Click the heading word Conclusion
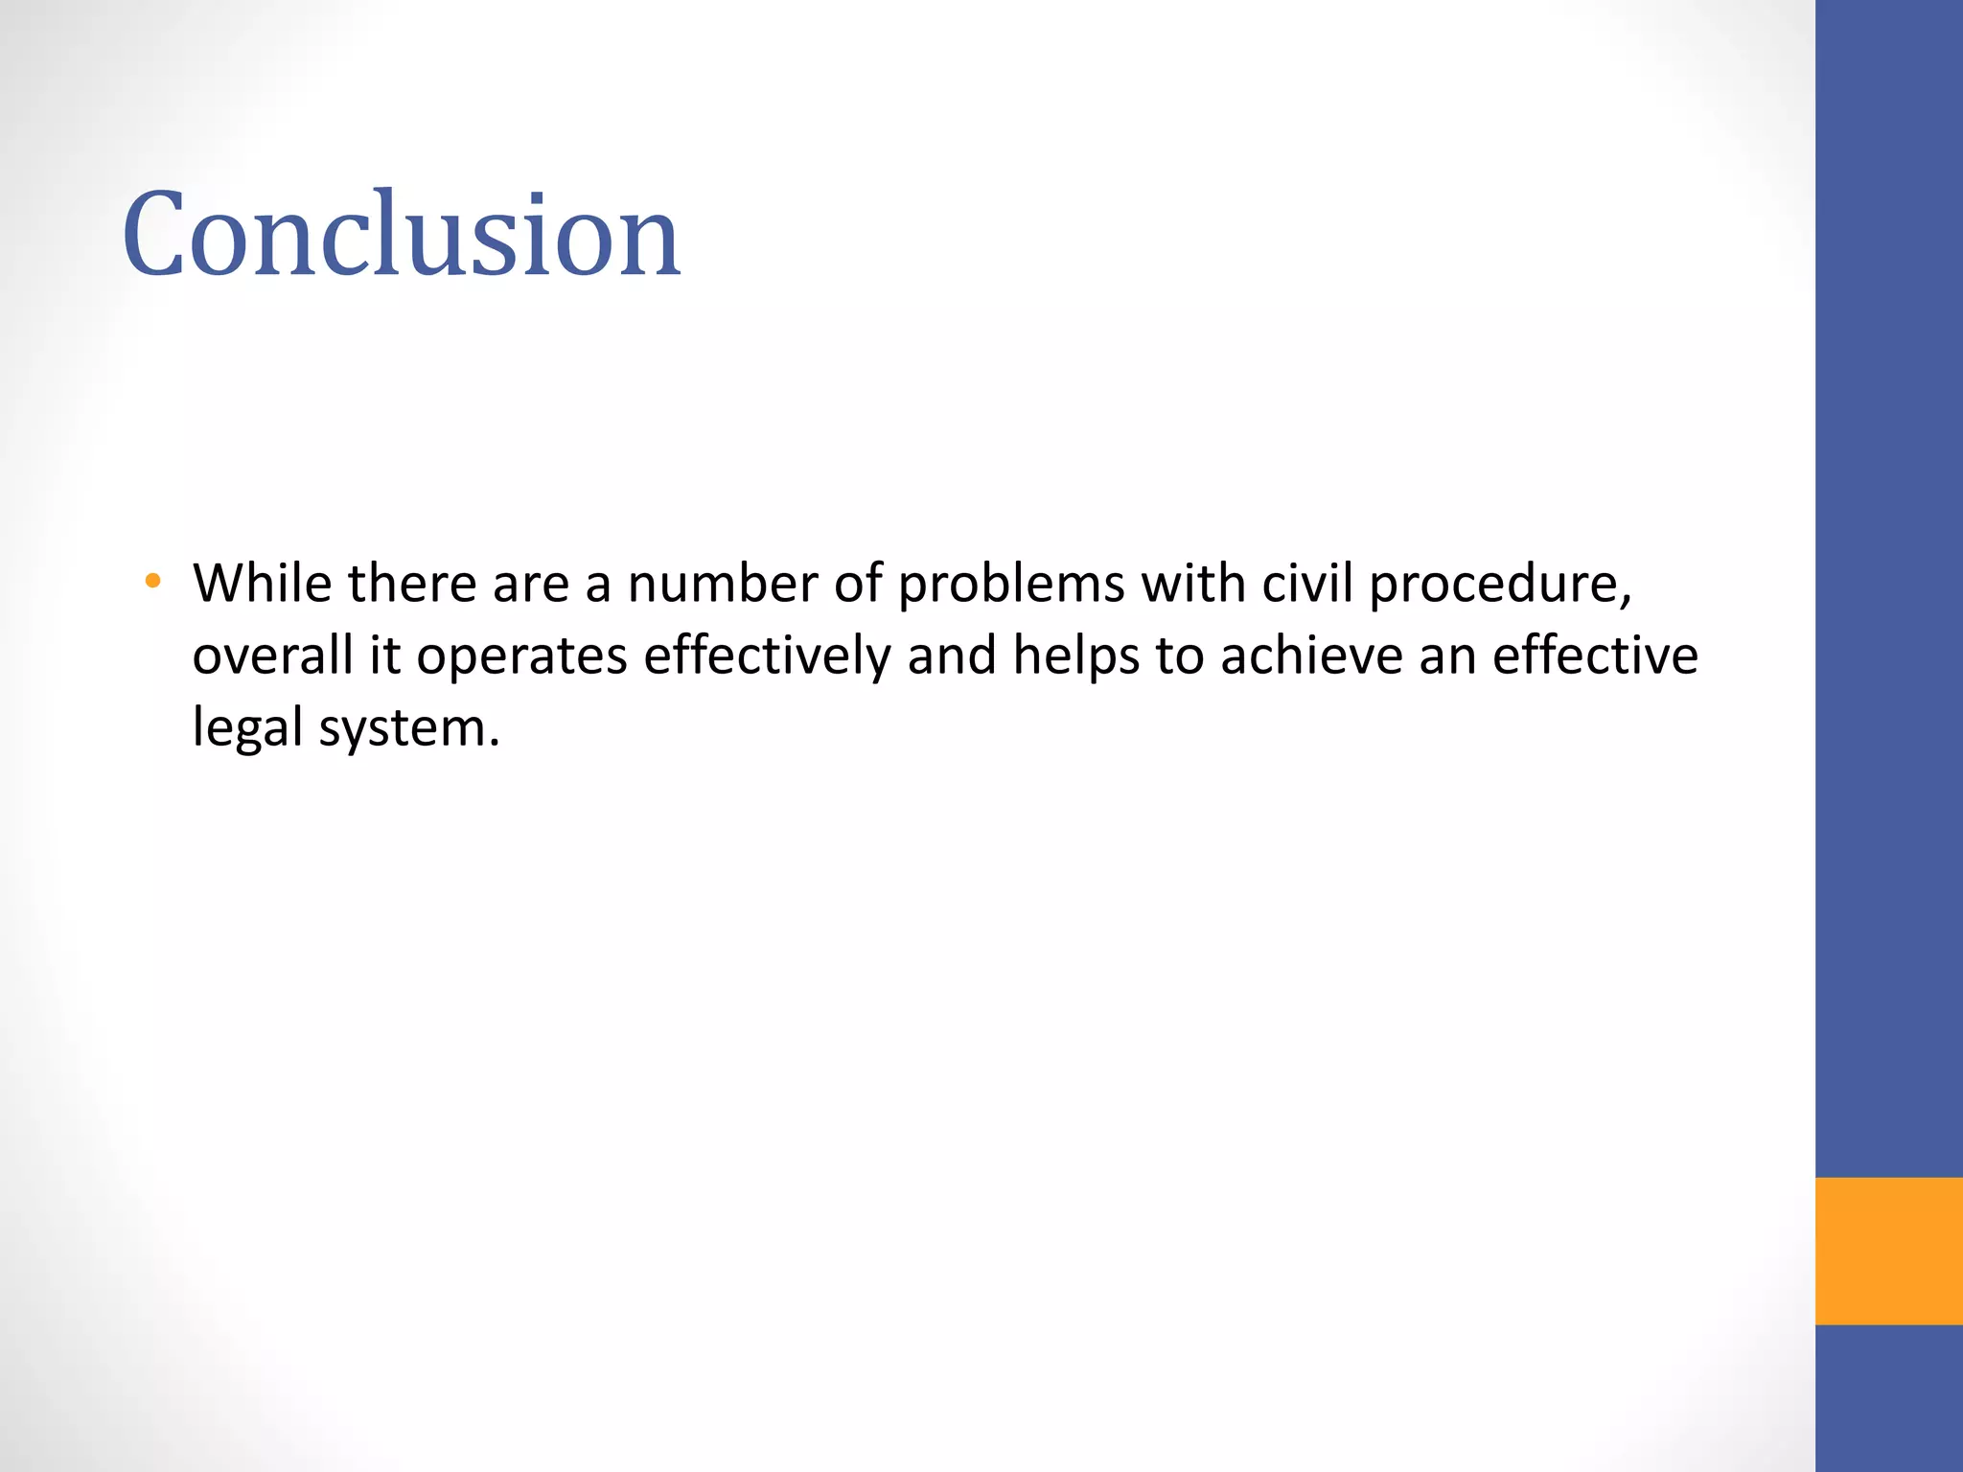401,235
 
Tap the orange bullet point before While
152,581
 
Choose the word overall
272,655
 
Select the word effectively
767,655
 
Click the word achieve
1311,655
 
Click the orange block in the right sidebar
1888,1251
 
